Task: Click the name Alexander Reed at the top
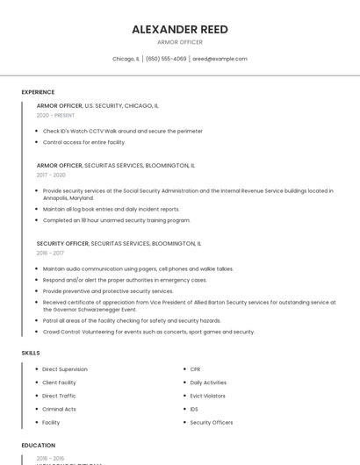click(179, 29)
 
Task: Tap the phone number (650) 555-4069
click(166, 59)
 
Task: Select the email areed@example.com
click(220, 59)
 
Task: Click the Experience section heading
click(38, 92)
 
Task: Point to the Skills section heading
click(31, 353)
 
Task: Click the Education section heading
click(39, 446)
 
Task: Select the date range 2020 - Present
click(55, 115)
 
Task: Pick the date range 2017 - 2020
click(51, 175)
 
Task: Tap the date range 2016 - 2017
click(50, 253)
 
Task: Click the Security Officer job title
click(62, 243)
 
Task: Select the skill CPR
click(195, 369)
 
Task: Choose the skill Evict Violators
click(207, 396)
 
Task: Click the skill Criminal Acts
click(59, 409)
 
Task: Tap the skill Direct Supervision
click(65, 369)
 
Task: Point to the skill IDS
click(194, 409)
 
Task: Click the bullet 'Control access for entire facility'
click(83, 141)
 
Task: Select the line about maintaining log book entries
click(111, 209)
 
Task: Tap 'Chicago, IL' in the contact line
click(126, 59)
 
